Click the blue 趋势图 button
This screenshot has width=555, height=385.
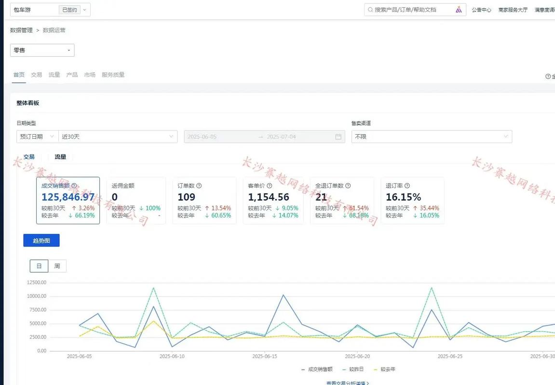click(41, 241)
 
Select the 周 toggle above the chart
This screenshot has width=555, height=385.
click(57, 266)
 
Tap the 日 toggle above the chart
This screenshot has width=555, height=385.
click(39, 266)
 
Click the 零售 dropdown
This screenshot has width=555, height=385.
click(42, 50)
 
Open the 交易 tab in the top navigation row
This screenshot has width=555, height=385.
click(37, 75)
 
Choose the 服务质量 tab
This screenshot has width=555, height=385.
click(113, 75)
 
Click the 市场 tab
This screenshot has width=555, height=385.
click(90, 75)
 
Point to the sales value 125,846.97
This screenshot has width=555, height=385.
click(68, 197)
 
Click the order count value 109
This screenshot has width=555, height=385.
click(187, 197)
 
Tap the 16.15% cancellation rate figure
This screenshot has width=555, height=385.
click(404, 197)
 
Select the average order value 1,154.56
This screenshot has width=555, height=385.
click(269, 197)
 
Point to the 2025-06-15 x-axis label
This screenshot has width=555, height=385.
click(265, 357)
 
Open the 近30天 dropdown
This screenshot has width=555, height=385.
click(118, 137)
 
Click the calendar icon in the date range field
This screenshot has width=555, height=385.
click(338, 137)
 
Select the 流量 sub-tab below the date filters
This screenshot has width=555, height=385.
click(60, 157)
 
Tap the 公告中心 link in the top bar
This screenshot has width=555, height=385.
click(481, 10)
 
